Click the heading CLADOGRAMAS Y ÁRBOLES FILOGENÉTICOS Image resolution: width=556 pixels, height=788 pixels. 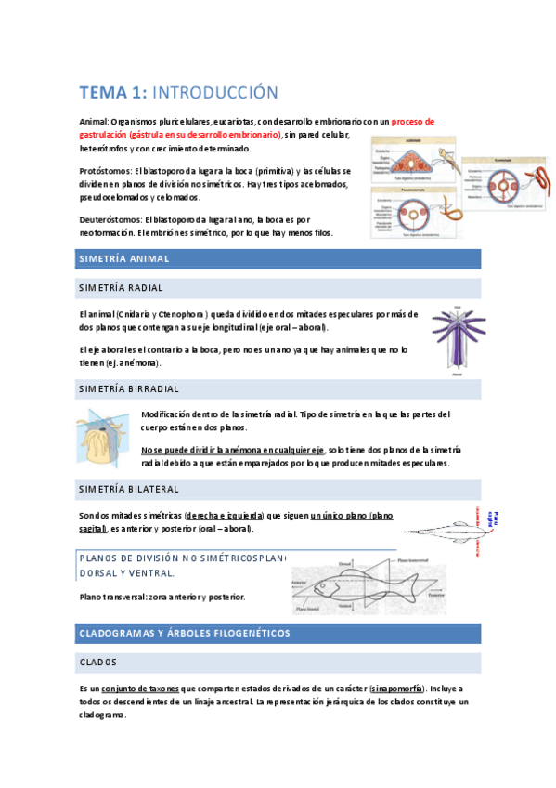click(x=186, y=633)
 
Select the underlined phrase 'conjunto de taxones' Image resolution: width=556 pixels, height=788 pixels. click(x=141, y=689)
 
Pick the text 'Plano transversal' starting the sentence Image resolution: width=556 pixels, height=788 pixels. click(x=114, y=597)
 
